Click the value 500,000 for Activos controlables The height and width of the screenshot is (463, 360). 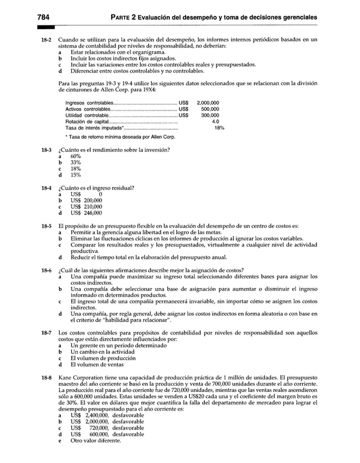[210, 109]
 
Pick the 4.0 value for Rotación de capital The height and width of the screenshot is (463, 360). [215, 121]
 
